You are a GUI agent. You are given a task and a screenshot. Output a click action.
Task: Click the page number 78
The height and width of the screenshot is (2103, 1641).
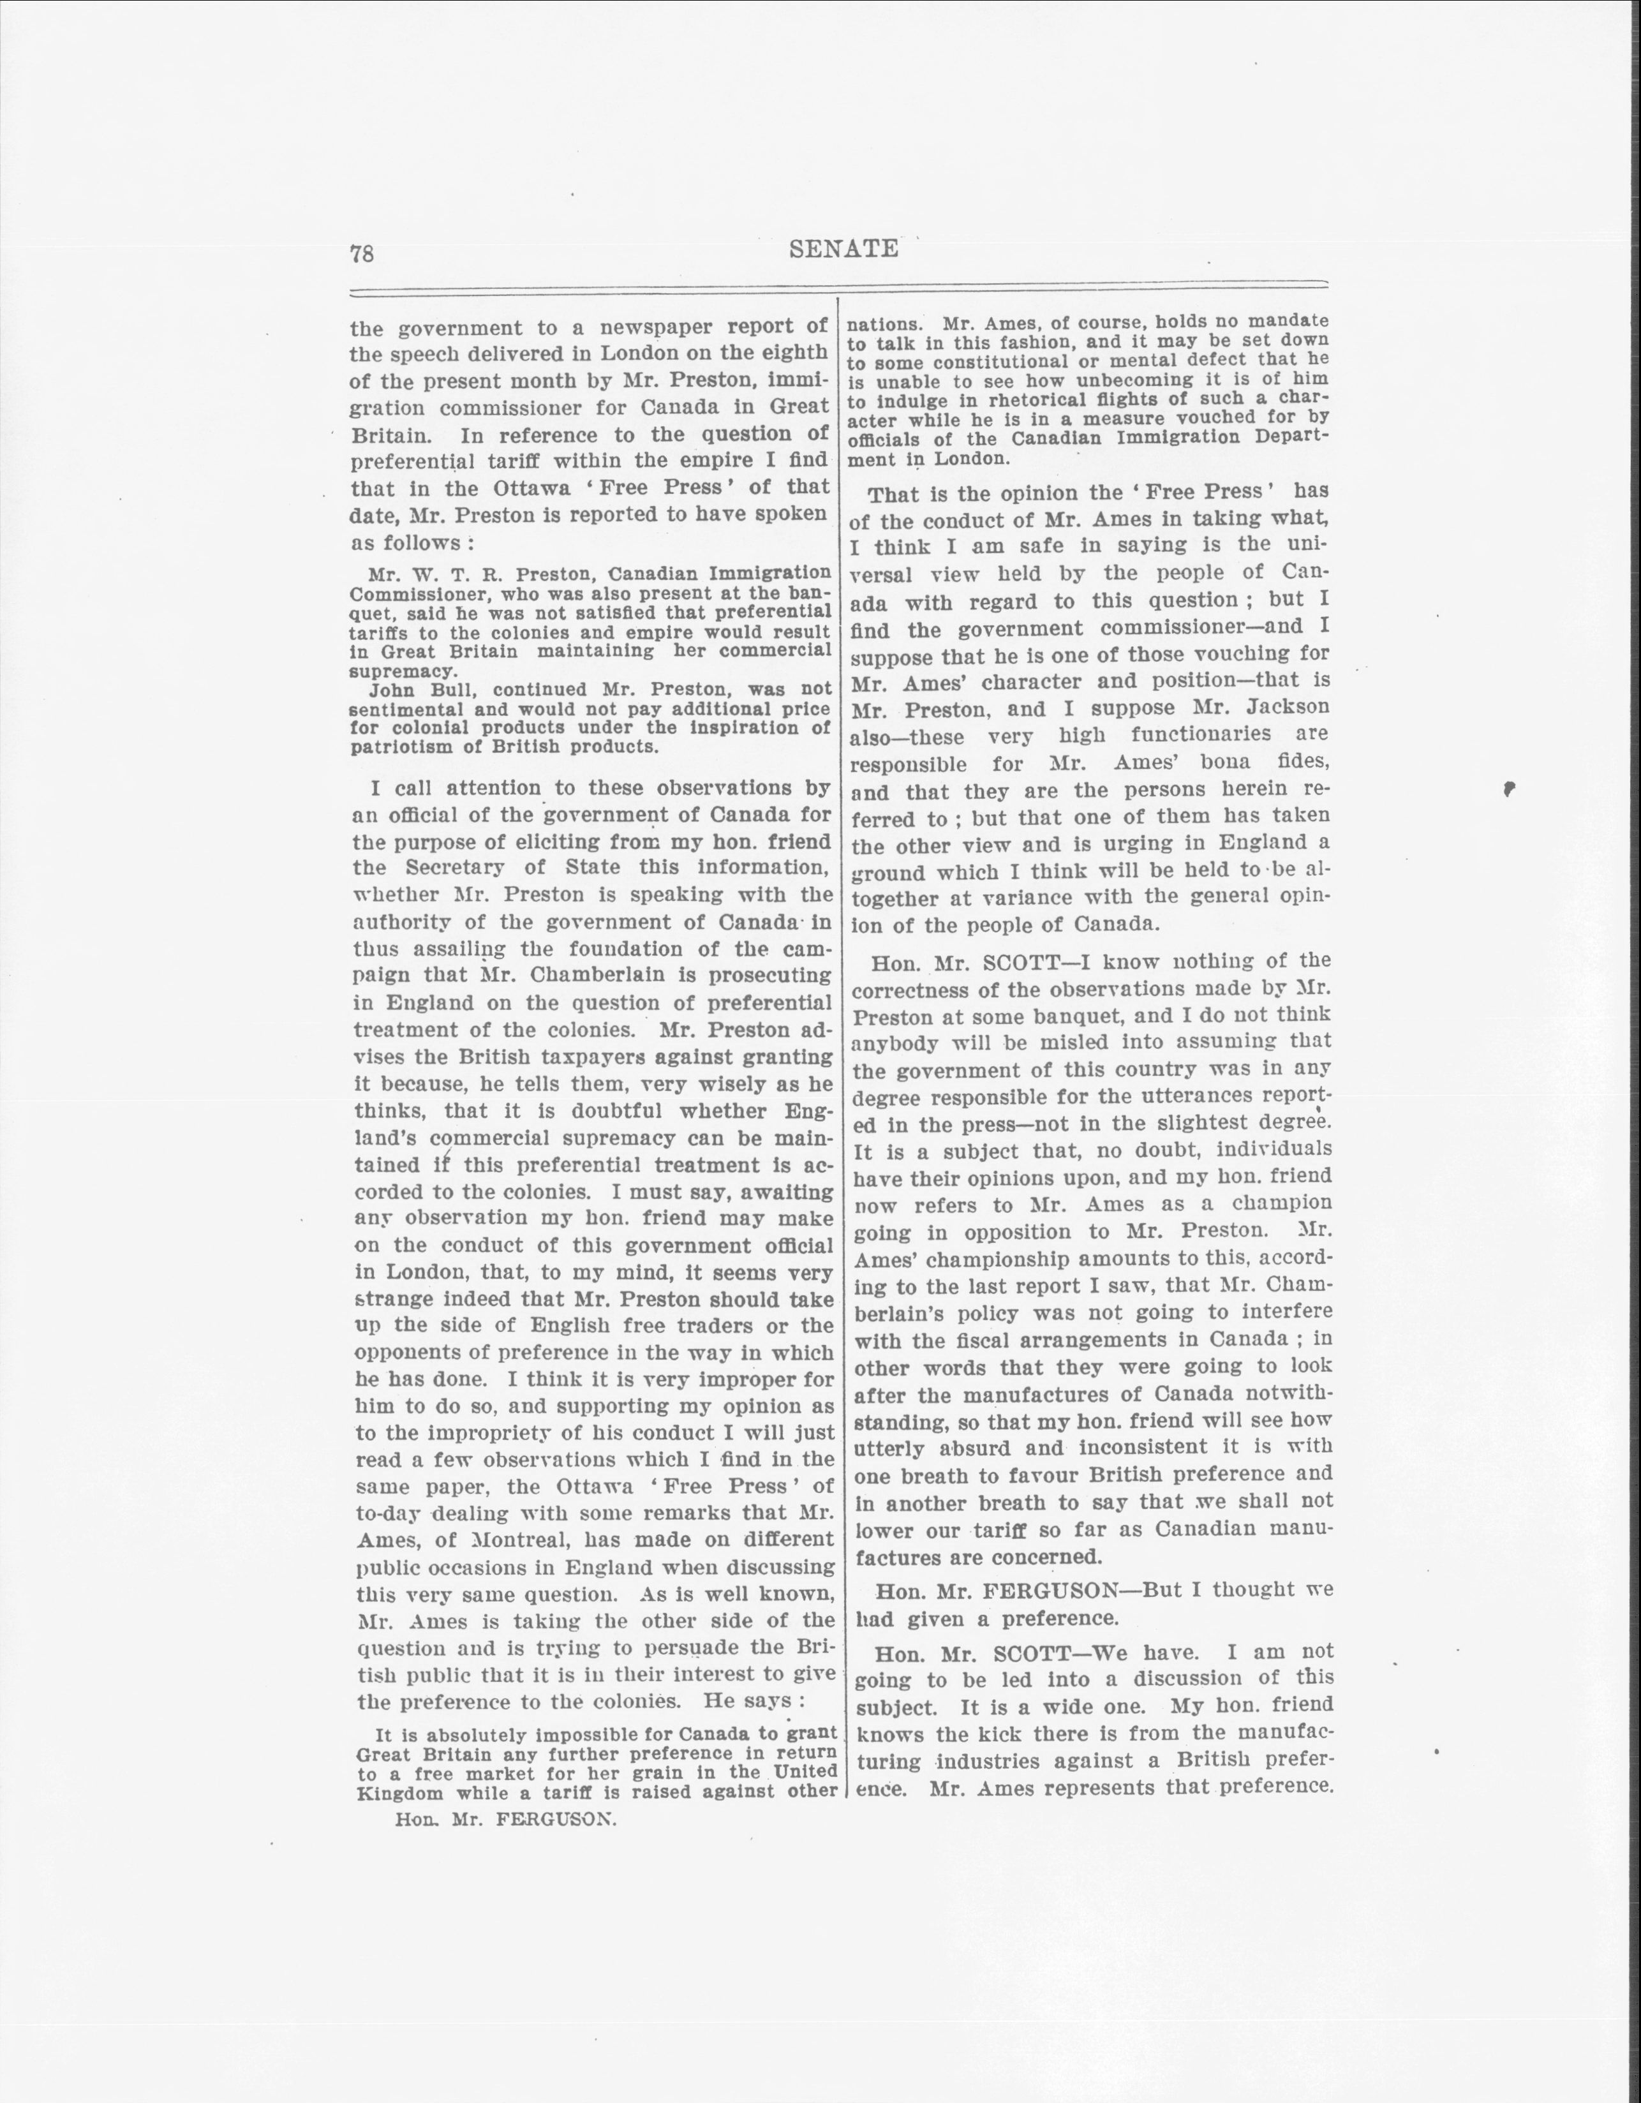pyautogui.click(x=362, y=253)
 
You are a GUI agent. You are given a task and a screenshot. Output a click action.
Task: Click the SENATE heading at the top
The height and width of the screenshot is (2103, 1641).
pyautogui.click(x=843, y=249)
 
